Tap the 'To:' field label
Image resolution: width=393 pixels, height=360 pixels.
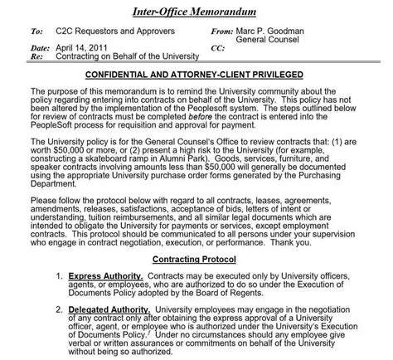pos(36,31)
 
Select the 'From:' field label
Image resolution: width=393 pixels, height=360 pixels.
pos(224,31)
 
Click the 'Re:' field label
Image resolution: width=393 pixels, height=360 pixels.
pos(35,57)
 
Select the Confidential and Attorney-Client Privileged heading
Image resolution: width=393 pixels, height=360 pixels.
pos(196,74)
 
